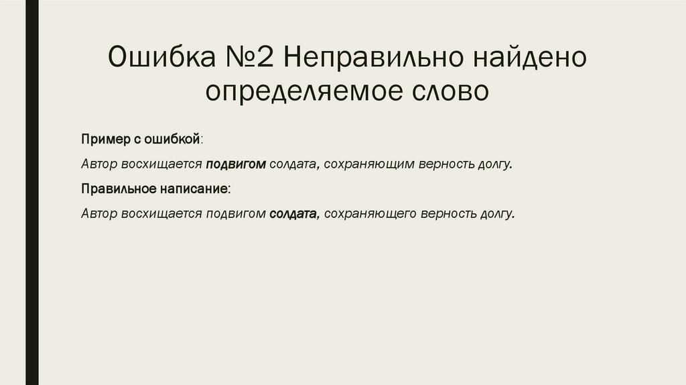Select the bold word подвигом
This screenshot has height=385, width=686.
(x=236, y=164)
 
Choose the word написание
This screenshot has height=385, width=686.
(x=194, y=189)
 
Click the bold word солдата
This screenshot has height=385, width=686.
(x=293, y=215)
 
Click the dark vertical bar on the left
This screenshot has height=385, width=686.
(x=31, y=192)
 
